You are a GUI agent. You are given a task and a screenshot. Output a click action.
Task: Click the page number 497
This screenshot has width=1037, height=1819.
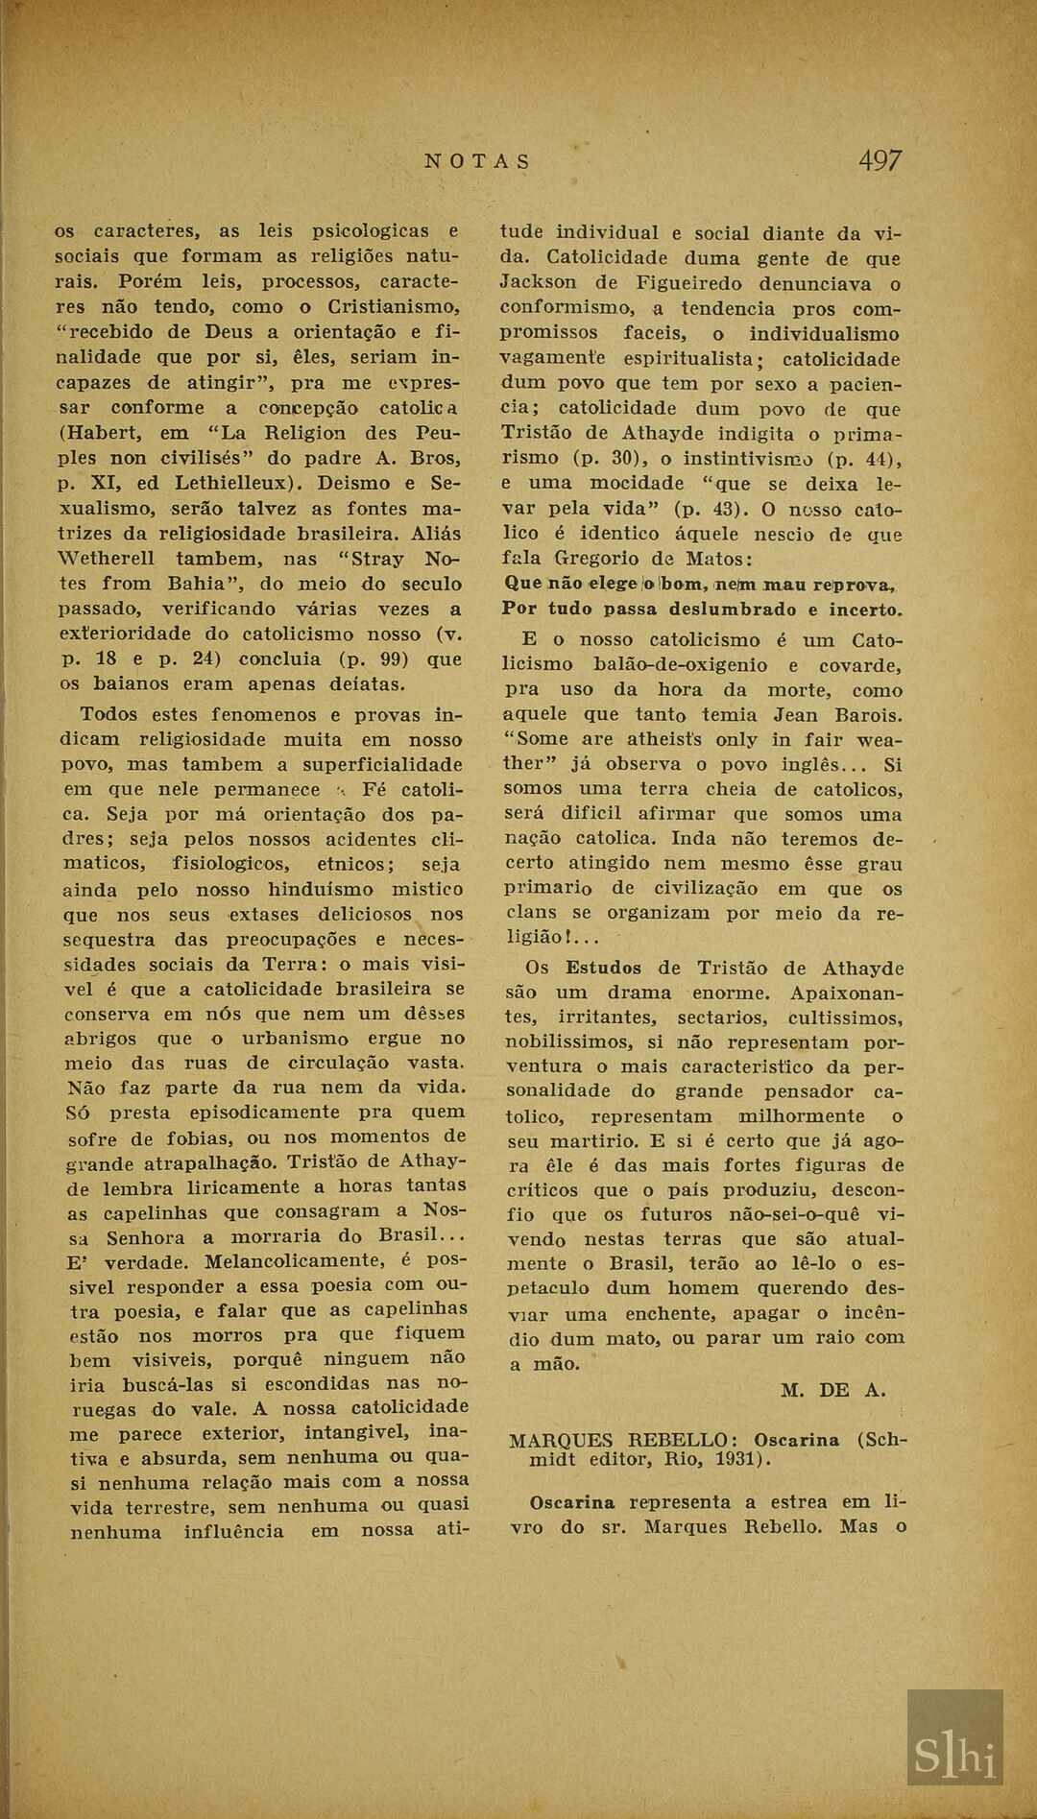pos(880,160)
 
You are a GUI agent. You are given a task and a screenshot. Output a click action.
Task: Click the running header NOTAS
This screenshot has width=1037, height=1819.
pos(477,161)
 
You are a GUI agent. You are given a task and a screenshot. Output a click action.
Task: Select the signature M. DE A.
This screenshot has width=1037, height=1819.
pos(832,1390)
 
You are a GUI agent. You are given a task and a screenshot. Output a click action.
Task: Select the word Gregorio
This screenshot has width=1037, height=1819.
pos(595,559)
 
